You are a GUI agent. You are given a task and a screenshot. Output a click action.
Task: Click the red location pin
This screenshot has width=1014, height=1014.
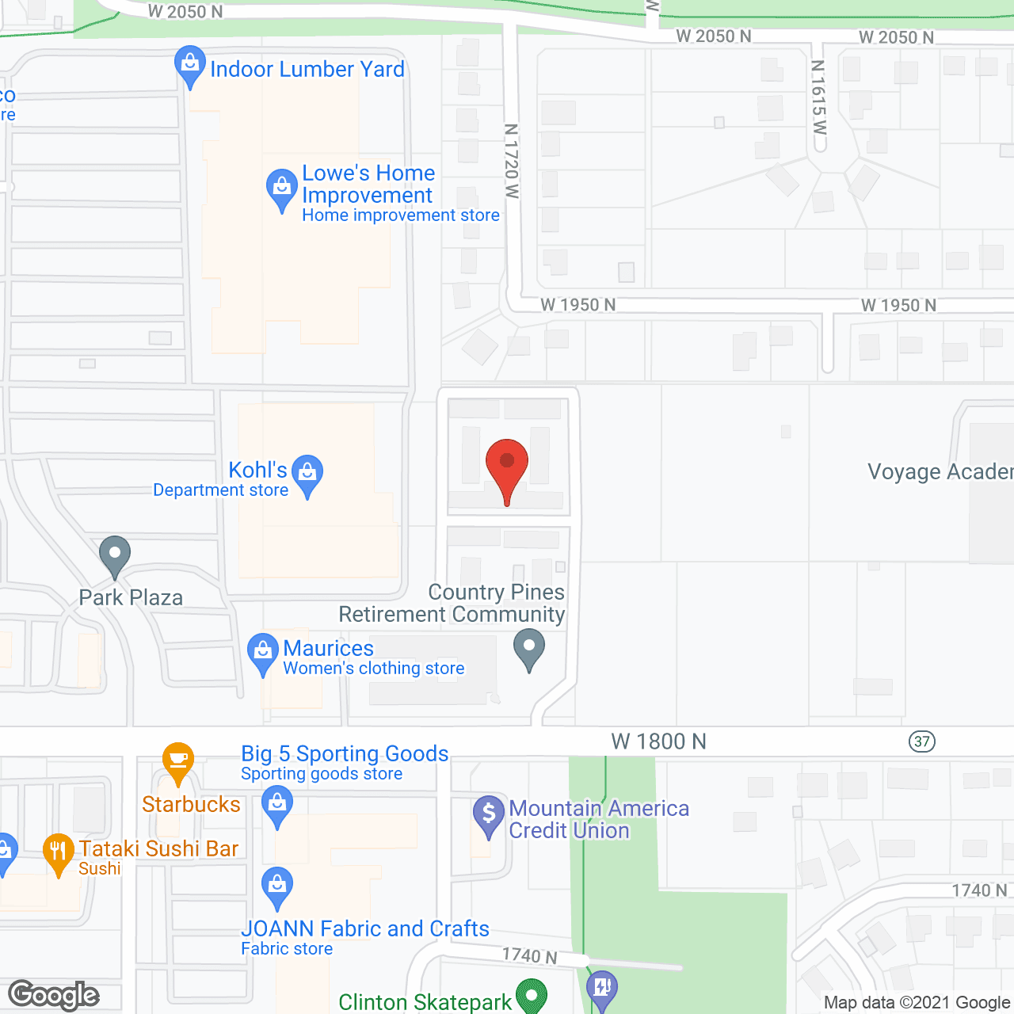coord(507,467)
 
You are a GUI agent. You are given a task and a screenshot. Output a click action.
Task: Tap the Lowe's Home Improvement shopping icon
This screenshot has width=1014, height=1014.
coord(281,189)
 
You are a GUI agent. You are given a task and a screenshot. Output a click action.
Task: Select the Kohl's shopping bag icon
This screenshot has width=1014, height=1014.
coord(307,474)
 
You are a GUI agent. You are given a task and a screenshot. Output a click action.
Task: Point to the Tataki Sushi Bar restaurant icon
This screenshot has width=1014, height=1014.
coord(58,852)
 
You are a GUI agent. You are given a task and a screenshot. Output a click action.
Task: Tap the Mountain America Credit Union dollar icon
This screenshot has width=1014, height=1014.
coord(489,814)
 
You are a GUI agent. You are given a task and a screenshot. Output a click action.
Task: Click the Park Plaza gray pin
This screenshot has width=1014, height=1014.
coord(115,555)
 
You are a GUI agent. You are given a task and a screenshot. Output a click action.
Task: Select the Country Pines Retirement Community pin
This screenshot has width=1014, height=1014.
coord(529,648)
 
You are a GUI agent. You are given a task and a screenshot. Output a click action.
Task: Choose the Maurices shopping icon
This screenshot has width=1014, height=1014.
coord(262,653)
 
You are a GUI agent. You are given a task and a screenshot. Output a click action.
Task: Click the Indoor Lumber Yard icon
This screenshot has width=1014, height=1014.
coord(190,65)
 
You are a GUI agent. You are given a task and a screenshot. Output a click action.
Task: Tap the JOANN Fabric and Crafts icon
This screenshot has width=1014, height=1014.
coord(277,887)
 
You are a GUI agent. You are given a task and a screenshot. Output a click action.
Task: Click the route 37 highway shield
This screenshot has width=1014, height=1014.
coord(922,741)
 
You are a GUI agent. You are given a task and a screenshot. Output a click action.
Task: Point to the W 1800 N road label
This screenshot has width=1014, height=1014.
coord(658,741)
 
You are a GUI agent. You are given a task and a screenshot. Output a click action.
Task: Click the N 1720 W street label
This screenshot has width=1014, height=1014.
coord(512,161)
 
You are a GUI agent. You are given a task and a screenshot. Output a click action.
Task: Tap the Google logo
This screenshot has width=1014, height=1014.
coord(54,995)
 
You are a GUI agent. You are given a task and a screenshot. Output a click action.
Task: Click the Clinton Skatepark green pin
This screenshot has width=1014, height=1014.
coord(532,995)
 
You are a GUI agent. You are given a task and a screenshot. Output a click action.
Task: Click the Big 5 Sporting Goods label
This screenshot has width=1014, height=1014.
coord(345,753)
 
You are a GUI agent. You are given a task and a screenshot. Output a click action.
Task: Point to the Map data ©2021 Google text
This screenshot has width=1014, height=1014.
coord(917,1002)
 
